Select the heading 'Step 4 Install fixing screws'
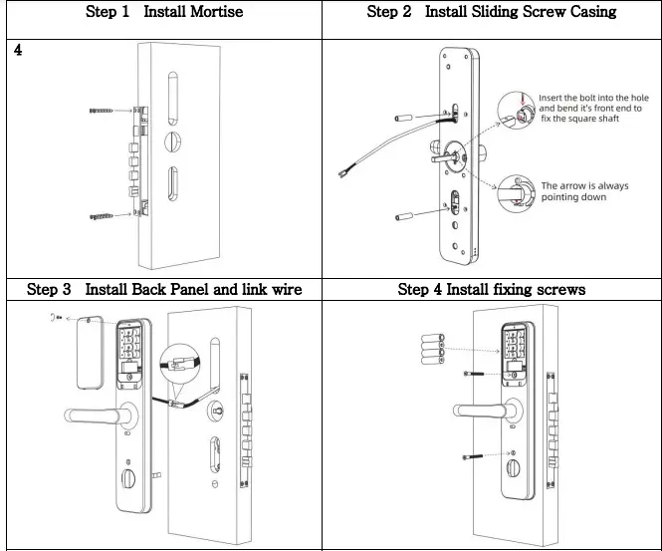(x=492, y=290)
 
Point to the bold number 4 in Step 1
(x=18, y=50)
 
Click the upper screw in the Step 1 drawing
(x=110, y=112)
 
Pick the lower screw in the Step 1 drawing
(x=110, y=214)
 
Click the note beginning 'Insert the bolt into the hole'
(x=593, y=109)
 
